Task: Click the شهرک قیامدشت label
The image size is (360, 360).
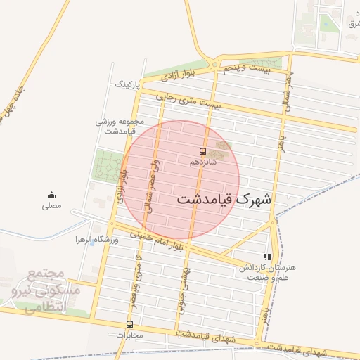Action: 224,199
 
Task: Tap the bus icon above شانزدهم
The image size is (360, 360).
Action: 203,151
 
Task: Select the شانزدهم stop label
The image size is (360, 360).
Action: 203,162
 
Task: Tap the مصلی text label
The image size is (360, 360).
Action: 51,206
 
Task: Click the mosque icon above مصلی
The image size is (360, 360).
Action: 51,195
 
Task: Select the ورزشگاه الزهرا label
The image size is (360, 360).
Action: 98,240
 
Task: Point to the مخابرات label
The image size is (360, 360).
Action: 129,335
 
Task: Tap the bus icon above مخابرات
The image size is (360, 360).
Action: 129,324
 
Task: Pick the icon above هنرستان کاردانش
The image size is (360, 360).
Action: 266,257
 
